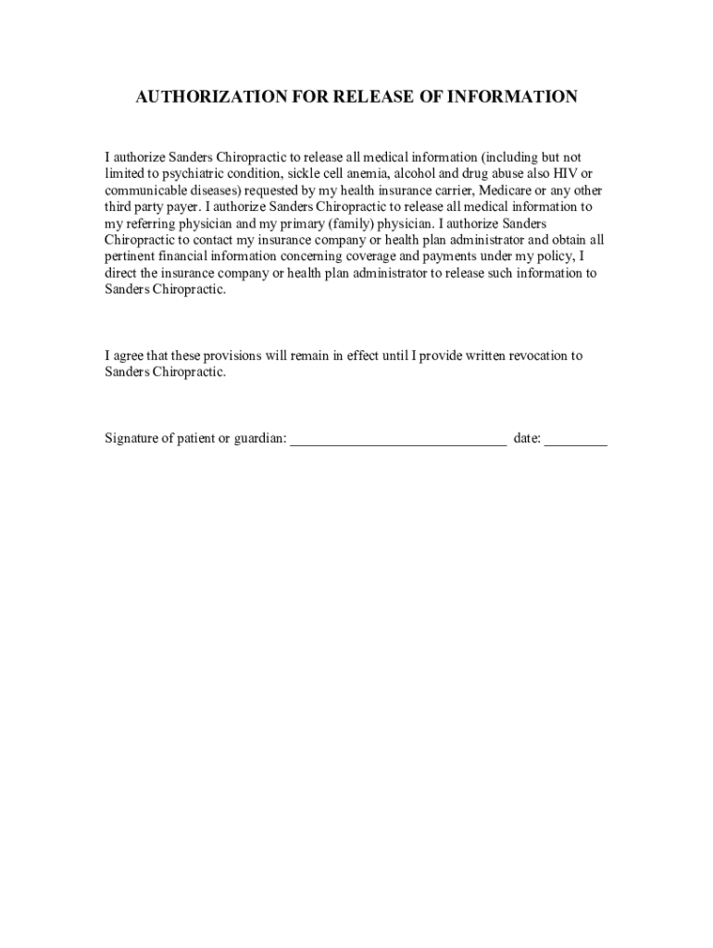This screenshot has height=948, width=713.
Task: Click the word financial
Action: pyautogui.click(x=191, y=257)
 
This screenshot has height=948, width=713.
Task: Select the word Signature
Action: pyautogui.click(x=133, y=439)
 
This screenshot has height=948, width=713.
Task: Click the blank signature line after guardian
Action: pyautogui.click(x=398, y=442)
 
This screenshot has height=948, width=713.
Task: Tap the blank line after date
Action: pyautogui.click(x=575, y=442)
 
